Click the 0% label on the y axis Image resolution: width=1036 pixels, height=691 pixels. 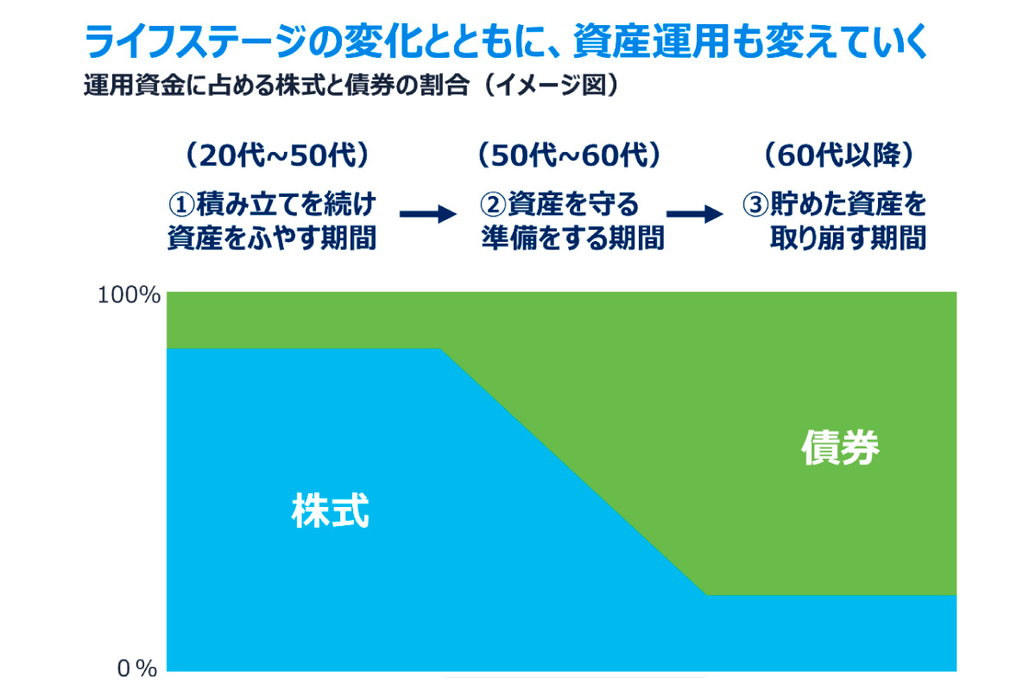coord(136,668)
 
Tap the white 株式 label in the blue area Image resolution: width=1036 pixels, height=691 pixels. coord(331,511)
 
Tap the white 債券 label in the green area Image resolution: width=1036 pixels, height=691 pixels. coord(840,448)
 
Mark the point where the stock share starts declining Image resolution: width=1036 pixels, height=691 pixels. coord(441,349)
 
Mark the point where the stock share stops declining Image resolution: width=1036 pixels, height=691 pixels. coord(706,595)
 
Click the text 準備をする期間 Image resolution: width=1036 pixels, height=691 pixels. coord(572,238)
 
